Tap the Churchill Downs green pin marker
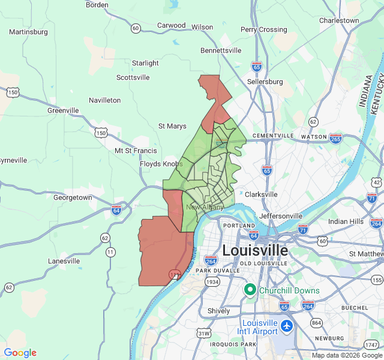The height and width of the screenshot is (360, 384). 251,290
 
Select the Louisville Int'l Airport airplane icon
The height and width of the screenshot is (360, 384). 287,326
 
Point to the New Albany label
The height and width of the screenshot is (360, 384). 205,207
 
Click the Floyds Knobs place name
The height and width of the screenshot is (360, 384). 161,164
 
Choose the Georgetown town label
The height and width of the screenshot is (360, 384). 73,197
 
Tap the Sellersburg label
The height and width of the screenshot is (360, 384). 265,82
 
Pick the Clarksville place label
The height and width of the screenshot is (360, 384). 261,194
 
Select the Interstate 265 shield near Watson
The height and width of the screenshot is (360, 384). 335,139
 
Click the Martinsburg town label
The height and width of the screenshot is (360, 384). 28,31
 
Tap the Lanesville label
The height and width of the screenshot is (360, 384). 64,261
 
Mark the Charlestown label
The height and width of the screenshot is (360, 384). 339,20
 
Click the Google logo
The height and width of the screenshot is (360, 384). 20,353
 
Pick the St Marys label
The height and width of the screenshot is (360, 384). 172,126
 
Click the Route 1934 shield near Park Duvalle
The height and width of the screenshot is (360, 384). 212,281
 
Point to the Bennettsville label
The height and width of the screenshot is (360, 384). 221,50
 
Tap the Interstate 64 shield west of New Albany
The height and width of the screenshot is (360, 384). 116,210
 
